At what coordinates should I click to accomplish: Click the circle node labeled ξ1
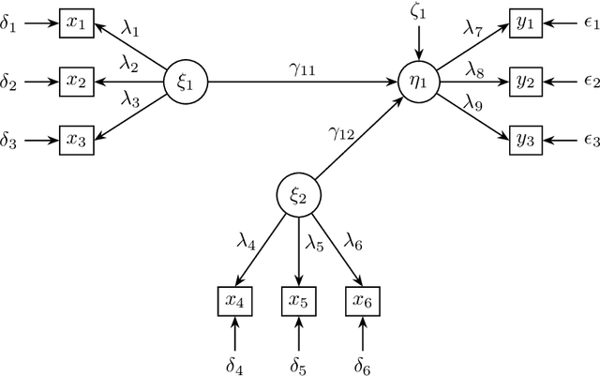187,82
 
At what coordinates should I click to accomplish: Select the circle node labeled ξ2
298,196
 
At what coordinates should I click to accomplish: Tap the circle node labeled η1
419,82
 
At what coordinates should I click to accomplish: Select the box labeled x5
298,301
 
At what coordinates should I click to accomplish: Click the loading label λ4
245,241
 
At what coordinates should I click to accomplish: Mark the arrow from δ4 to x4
235,333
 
